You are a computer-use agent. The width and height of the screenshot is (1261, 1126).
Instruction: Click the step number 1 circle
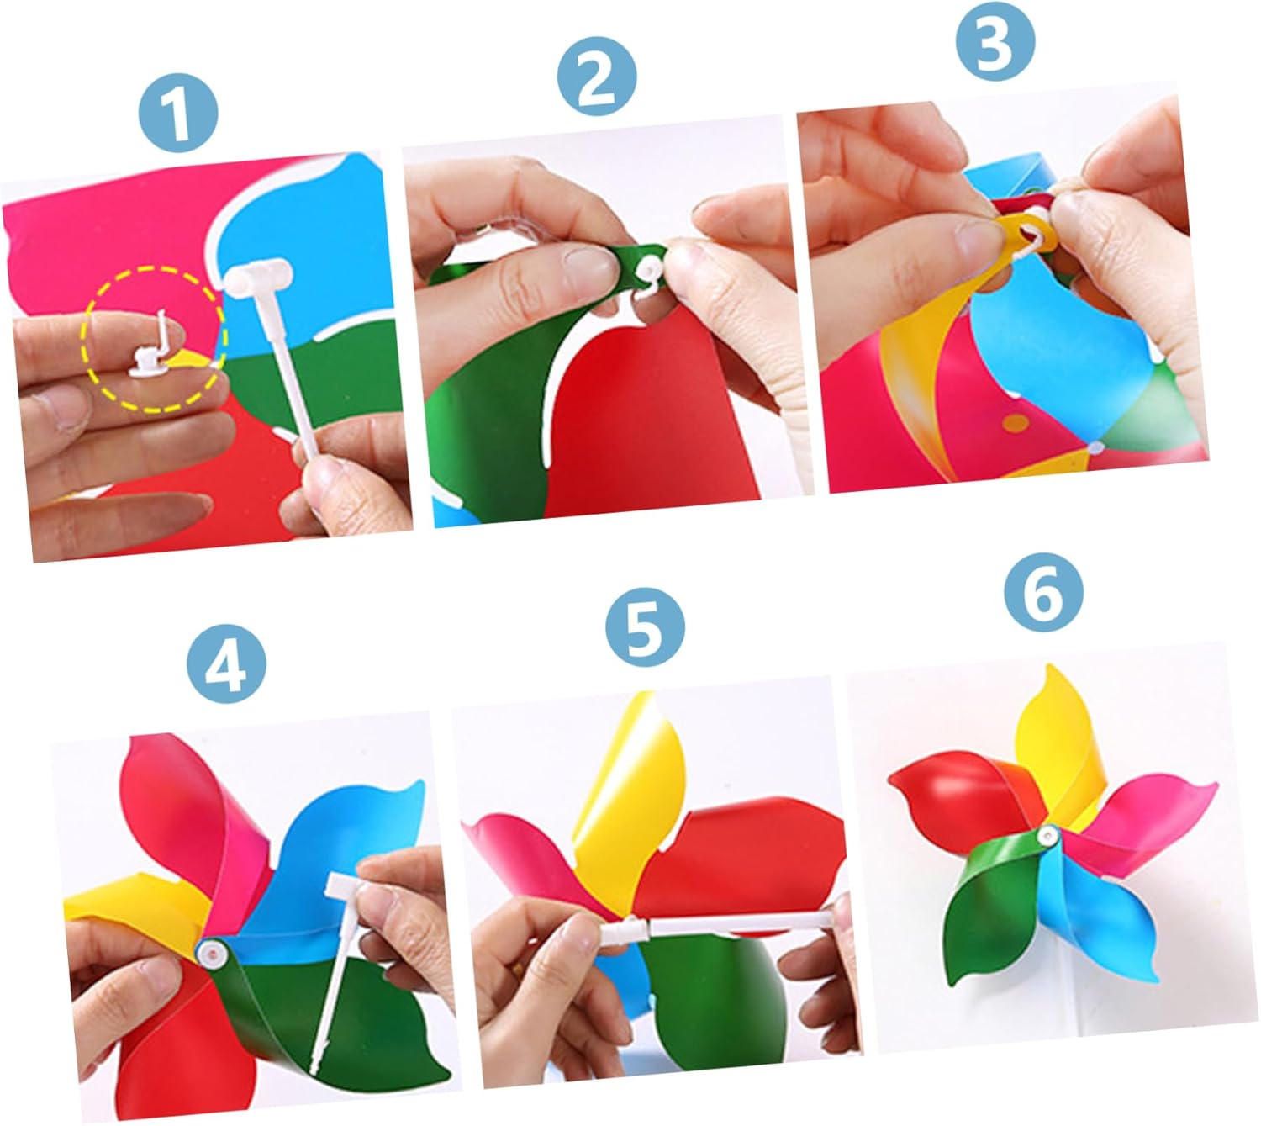point(178,114)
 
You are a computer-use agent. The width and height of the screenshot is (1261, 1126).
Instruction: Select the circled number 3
point(995,40)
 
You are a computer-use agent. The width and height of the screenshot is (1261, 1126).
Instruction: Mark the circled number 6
point(1044,592)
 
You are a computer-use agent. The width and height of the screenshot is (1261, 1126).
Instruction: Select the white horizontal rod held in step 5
point(715,927)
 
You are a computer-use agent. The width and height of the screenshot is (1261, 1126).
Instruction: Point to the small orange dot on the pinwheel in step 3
point(1016,424)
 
